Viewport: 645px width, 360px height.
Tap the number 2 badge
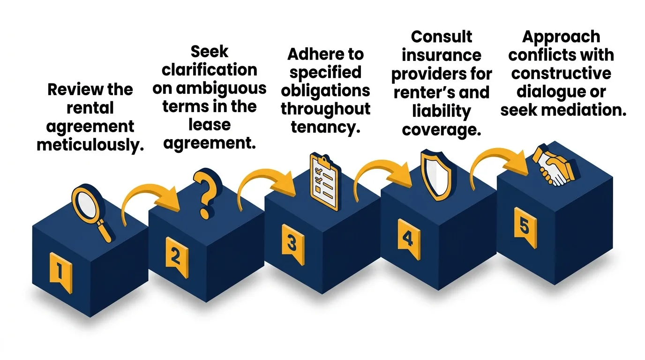pos(176,256)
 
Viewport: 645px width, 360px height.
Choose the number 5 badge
pos(524,227)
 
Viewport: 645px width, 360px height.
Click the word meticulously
pos(90,145)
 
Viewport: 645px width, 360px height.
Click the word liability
pos(442,111)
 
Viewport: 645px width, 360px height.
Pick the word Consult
pos(442,37)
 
